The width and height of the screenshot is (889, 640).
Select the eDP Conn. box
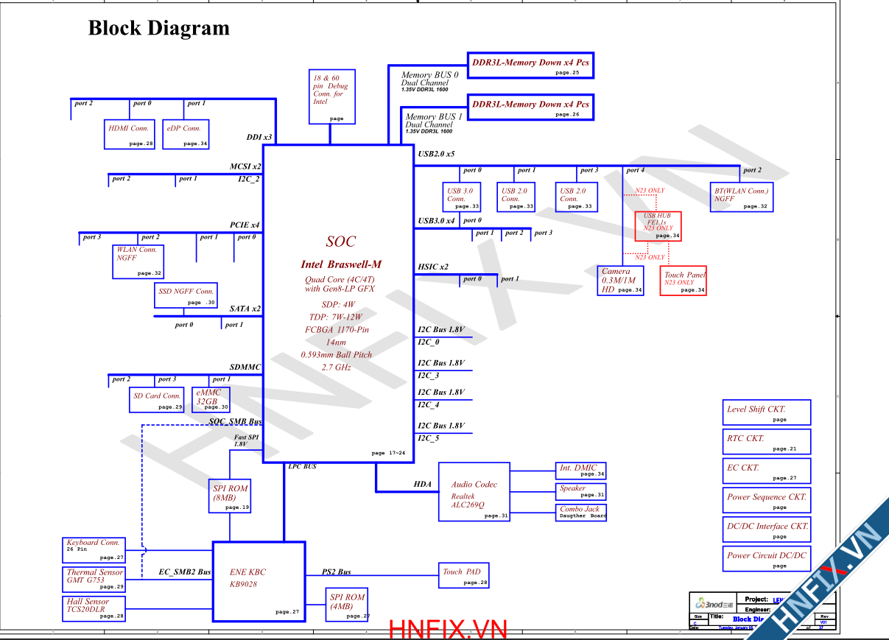186,134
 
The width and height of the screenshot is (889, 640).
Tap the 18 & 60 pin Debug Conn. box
332,96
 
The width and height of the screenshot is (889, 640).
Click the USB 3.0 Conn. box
461,197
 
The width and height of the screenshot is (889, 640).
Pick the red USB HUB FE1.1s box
658,226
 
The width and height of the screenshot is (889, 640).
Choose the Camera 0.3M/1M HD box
621,281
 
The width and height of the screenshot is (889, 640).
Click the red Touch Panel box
683,281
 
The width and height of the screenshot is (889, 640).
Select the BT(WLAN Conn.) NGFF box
742,197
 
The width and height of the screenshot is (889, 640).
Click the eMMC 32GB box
211,399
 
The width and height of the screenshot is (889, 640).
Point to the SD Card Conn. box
156,399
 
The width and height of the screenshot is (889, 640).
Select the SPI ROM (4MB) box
346,604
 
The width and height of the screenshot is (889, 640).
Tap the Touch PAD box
463,575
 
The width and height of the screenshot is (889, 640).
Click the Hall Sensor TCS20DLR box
94,608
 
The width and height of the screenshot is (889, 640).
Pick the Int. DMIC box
581,471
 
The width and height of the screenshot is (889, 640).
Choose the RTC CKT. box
766,441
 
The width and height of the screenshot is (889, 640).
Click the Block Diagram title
159,29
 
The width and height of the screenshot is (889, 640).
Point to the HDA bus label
422,484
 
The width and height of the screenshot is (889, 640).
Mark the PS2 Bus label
337,572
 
